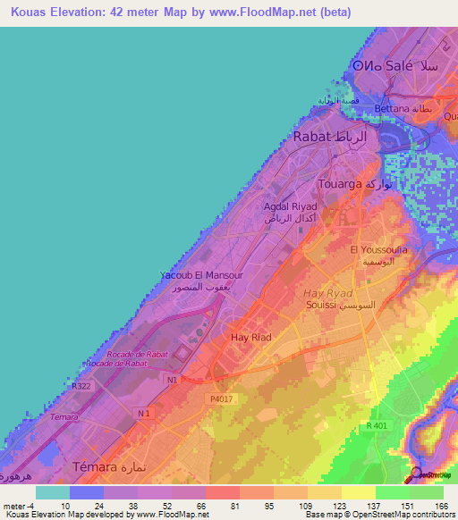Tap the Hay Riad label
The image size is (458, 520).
pos(251,337)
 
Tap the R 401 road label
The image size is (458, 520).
pos(378,427)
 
